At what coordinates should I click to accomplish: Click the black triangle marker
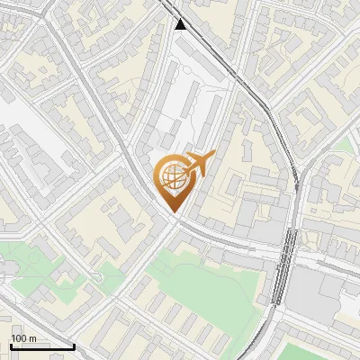(x=182, y=24)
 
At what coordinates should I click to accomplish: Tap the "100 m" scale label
(x=23, y=338)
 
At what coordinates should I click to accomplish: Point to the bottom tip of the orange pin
(x=174, y=212)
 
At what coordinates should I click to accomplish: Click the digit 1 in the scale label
(x=14, y=338)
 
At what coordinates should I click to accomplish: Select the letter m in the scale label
(x=33, y=338)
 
